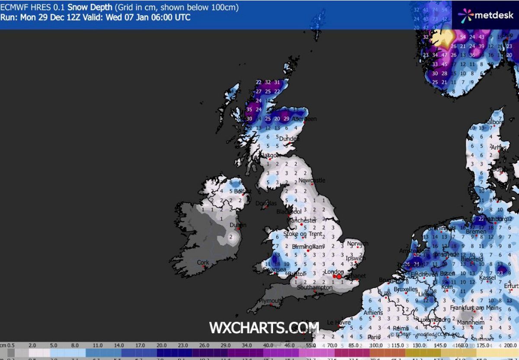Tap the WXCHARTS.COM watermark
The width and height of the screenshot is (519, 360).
point(264,328)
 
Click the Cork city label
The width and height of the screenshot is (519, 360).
point(203,262)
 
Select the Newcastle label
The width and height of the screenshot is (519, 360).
point(311,180)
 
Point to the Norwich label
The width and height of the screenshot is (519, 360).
point(357,244)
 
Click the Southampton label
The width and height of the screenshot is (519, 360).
point(315,287)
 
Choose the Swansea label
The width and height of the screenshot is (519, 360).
point(274,270)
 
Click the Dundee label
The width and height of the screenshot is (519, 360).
point(289,139)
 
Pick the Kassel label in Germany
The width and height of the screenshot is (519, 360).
point(488,277)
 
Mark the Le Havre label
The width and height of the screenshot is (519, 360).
point(339,322)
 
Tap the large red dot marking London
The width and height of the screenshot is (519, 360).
point(340,276)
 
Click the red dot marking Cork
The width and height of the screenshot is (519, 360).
point(204,267)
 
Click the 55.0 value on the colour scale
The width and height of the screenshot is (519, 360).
point(310,346)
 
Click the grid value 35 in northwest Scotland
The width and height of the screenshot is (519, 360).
point(249,110)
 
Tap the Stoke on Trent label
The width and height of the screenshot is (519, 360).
point(303,234)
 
